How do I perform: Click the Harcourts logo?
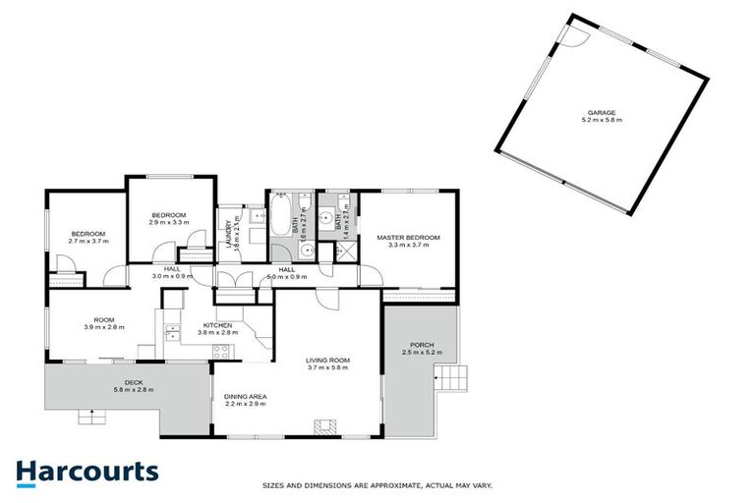pos(87,472)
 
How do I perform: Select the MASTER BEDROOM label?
pos(408,238)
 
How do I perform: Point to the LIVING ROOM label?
pos(327,361)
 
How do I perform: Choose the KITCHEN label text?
pos(216,325)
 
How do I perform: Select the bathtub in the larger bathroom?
pos(279,214)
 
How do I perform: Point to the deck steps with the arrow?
pos(92,415)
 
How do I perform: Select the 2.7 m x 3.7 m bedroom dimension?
pos(88,241)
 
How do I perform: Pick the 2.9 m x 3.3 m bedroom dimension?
pos(168,223)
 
